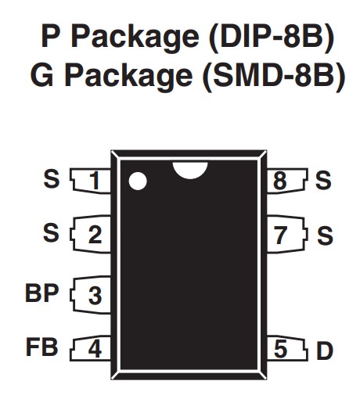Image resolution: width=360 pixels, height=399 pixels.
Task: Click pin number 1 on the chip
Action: point(95,181)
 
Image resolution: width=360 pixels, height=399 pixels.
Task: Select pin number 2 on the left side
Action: point(95,235)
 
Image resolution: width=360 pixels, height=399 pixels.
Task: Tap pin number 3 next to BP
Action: point(95,295)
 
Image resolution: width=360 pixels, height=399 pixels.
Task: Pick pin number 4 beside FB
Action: point(95,349)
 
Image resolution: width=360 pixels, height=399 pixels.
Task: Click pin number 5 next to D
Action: point(280,349)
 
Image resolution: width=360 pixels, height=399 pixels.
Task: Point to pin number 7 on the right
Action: point(280,235)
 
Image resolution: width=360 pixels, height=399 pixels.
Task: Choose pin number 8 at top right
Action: point(280,181)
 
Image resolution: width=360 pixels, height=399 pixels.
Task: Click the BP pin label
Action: point(41,293)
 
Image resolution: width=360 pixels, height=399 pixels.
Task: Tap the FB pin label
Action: point(41,347)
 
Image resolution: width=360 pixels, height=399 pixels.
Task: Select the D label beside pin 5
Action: point(325,350)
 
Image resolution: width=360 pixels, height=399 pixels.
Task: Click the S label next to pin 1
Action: point(52,178)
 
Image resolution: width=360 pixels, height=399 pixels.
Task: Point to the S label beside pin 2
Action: point(51,232)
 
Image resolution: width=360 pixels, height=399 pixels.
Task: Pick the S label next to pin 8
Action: point(323,180)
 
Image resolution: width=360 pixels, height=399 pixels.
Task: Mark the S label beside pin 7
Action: point(325,235)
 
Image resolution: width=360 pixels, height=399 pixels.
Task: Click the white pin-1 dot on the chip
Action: point(138,181)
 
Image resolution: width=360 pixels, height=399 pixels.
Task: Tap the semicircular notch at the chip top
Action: point(190,170)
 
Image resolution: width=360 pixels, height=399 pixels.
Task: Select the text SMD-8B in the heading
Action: point(273,76)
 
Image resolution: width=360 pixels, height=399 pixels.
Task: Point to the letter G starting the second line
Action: point(42,76)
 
